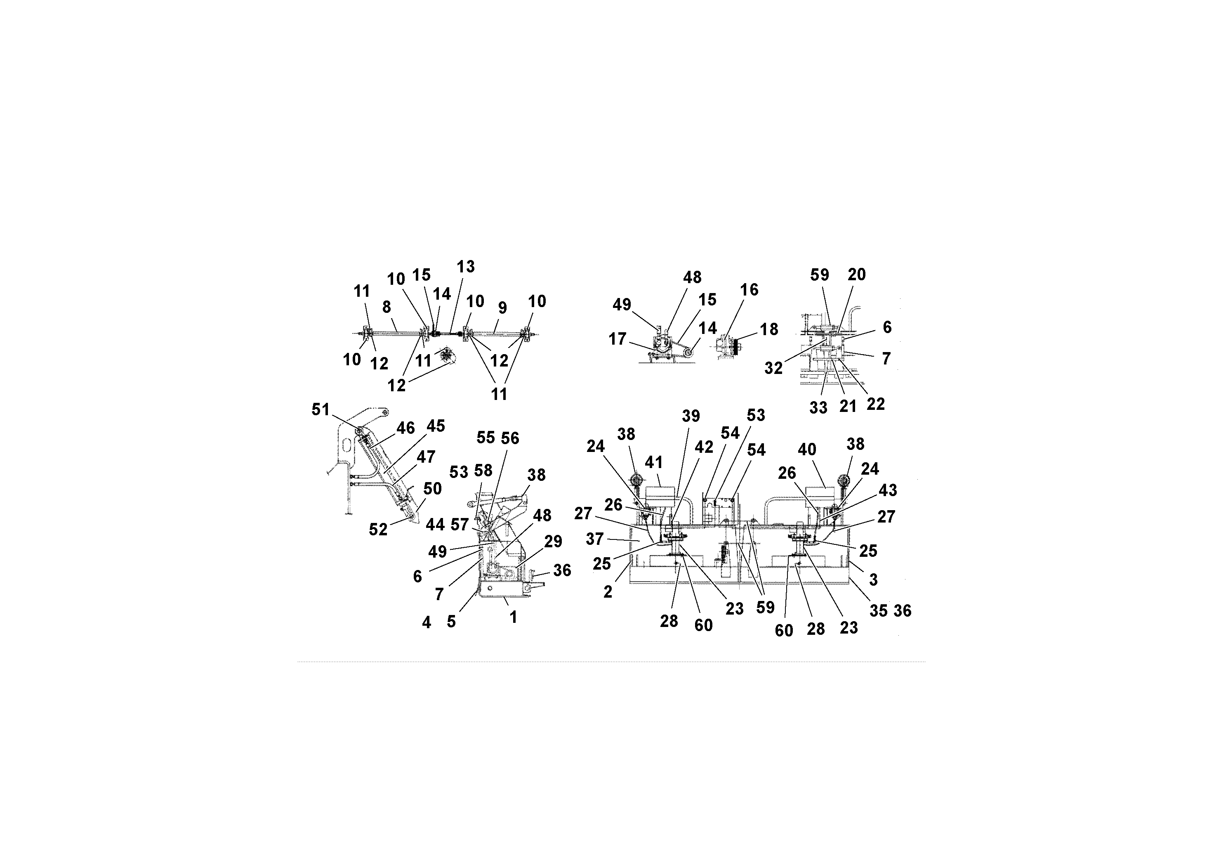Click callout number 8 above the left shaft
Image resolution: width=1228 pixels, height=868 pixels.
[386, 307]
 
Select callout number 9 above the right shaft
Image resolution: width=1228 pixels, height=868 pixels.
[502, 308]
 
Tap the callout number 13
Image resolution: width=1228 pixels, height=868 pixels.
[465, 267]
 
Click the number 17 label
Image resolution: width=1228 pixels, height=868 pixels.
[617, 339]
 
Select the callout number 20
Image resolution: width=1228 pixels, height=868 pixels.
[856, 274]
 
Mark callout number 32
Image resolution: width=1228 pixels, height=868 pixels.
[773, 368]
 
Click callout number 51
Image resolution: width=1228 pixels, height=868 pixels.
[321, 409]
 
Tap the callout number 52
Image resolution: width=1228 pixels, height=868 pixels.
[378, 529]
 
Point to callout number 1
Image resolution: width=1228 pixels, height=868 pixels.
[513, 617]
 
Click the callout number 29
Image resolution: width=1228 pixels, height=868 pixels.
[553, 541]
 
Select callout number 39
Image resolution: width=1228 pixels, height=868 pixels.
[691, 416]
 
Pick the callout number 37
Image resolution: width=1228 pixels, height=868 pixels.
[594, 538]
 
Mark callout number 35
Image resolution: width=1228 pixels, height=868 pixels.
[878, 610]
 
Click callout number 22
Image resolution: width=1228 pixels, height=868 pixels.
[876, 404]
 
